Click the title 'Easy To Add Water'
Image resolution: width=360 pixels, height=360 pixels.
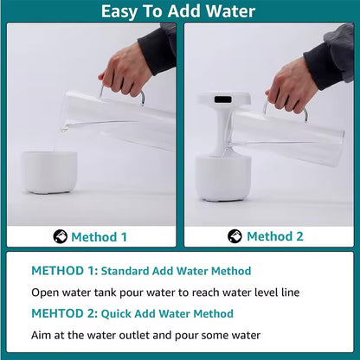pos(178,11)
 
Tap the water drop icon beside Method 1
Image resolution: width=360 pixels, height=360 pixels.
pos(60,236)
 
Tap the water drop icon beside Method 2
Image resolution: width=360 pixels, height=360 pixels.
pos(235,236)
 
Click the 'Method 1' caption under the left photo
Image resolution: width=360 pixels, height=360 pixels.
pos(99,236)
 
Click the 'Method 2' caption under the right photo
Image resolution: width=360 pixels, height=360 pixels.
pos(274,236)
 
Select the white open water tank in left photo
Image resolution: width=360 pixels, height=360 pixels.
pos(48,171)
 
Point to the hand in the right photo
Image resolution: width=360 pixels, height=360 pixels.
pos(293,85)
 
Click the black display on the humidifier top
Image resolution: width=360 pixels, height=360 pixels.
pos(222,100)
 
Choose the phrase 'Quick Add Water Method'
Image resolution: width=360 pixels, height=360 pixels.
pos(161,313)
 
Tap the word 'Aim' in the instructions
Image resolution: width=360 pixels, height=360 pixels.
pos(42,335)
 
